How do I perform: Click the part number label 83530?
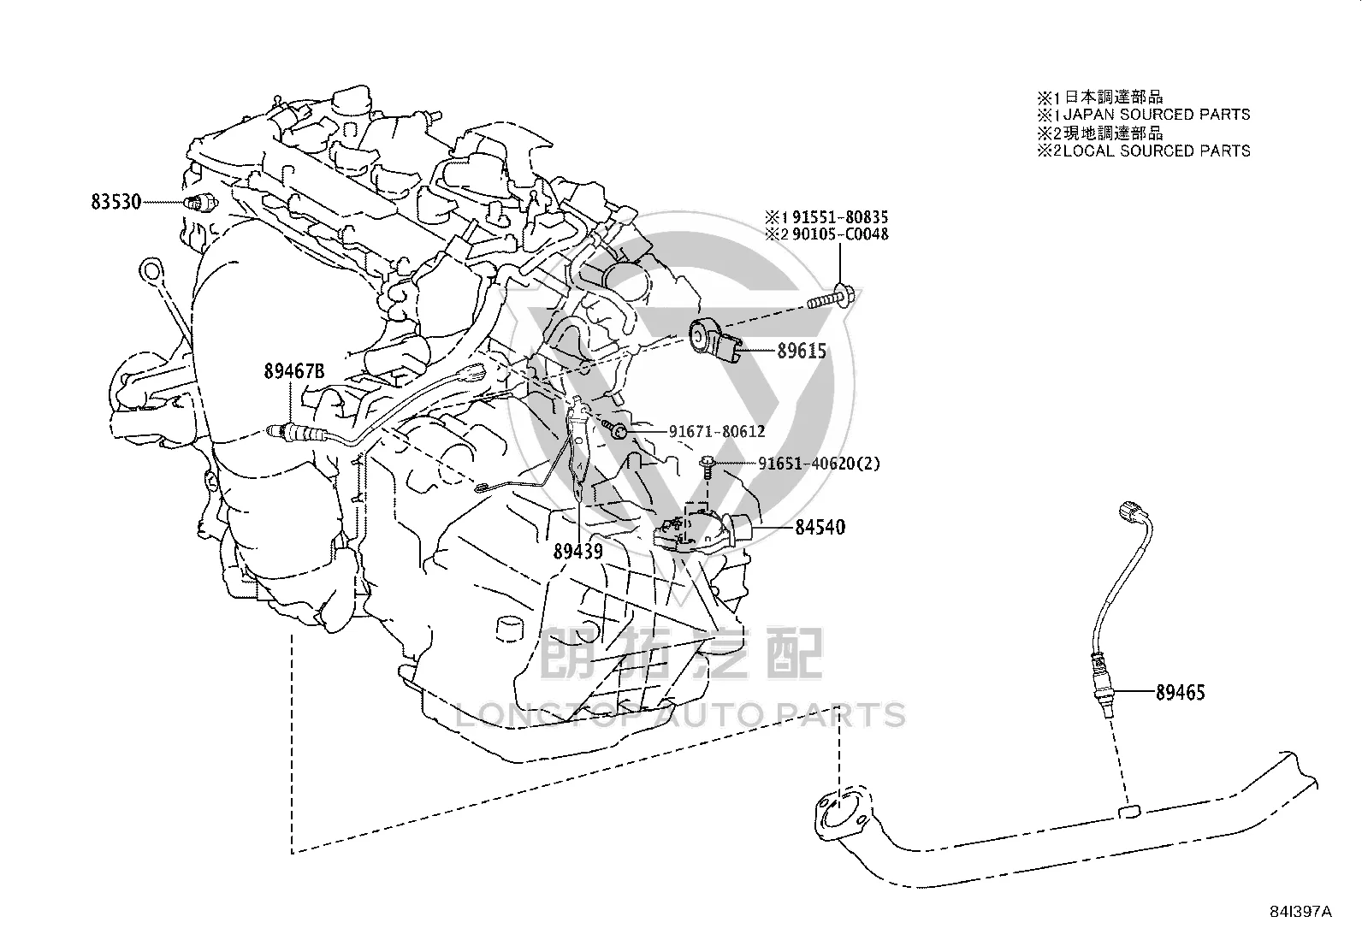(115, 202)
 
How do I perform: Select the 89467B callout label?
(294, 371)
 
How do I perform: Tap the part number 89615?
(802, 351)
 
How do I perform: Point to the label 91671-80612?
(717, 432)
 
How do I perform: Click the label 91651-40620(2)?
(819, 464)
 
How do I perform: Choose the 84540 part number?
(820, 527)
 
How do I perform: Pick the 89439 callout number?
(577, 552)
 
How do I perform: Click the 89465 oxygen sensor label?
(1180, 692)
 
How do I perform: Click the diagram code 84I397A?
(1300, 912)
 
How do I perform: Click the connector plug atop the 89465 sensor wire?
(1131, 510)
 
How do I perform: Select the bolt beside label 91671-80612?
(614, 429)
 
